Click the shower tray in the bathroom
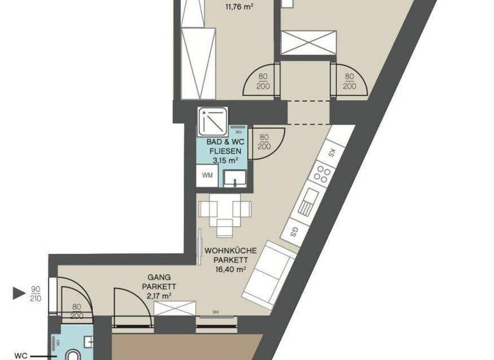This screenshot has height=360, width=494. (x=213, y=119)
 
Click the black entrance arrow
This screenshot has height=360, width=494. (x=19, y=294)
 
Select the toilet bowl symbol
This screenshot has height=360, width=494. (x=73, y=354)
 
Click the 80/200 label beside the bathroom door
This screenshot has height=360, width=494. (x=262, y=141)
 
